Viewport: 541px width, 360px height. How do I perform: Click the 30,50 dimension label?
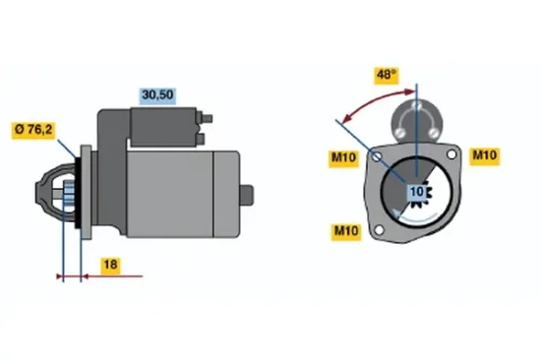pyautogui.click(x=158, y=94)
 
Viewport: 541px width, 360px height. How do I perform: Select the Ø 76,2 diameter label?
pyautogui.click(x=32, y=129)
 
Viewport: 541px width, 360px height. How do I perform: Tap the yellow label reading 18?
pyautogui.click(x=110, y=265)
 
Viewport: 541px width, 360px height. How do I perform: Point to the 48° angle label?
pyautogui.click(x=386, y=73)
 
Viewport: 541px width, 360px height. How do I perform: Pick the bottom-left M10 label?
pyautogui.click(x=344, y=231)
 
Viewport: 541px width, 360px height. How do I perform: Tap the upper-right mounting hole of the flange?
pyautogui.click(x=451, y=154)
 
